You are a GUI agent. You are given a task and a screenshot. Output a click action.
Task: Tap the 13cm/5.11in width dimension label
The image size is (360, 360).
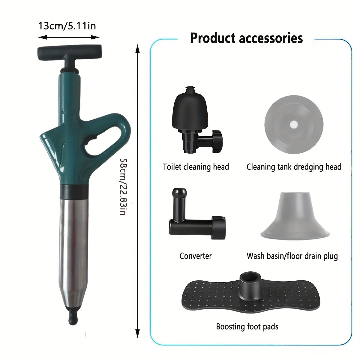click(x=67, y=26)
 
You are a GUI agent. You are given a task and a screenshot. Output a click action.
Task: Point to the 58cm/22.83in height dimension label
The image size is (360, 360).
click(x=123, y=187)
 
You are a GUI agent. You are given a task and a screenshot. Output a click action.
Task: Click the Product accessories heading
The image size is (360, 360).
click(x=247, y=38)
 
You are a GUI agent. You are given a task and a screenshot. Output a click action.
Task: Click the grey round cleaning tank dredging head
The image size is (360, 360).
click(x=294, y=124)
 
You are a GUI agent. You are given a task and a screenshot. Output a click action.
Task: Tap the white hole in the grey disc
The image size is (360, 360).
click(x=294, y=124)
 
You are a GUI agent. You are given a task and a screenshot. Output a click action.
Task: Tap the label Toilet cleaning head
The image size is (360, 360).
click(x=196, y=167)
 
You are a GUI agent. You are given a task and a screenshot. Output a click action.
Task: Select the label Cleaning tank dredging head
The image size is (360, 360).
click(x=294, y=167)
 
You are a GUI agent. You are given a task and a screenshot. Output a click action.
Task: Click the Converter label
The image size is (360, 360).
click(x=196, y=256)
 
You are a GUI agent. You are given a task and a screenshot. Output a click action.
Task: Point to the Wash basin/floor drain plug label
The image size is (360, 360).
click(x=292, y=256)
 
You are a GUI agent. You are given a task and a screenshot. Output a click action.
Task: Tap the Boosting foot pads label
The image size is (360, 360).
click(x=247, y=326)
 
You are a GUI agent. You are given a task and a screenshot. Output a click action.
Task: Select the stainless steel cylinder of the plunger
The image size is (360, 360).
click(x=73, y=240)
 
